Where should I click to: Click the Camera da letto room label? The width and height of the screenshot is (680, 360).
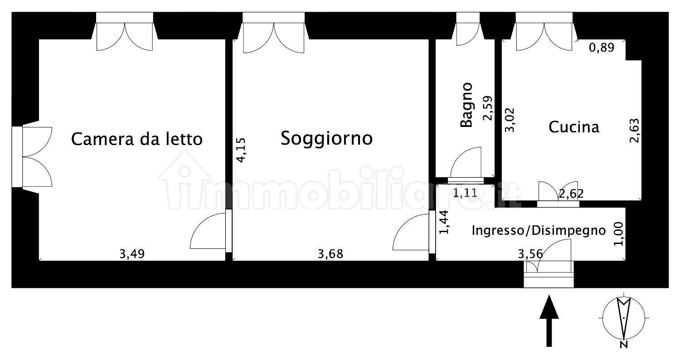click(136, 139)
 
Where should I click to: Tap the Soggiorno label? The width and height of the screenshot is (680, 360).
click(326, 138)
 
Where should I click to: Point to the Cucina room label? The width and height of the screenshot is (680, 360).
click(573, 127)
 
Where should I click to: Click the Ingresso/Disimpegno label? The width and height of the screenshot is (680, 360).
click(539, 230)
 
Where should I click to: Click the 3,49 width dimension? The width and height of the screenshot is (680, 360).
click(131, 254)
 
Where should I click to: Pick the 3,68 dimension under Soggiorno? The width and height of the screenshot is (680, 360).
click(330, 254)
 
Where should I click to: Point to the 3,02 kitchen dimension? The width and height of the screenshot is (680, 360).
click(510, 120)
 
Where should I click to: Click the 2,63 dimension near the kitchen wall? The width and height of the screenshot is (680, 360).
click(634, 131)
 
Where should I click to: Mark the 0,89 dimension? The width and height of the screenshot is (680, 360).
click(602, 48)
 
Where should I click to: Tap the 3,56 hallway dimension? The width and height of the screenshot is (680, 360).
click(530, 254)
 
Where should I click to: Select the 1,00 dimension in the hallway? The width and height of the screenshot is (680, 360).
click(619, 234)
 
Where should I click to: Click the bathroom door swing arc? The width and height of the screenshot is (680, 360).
click(467, 162)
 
